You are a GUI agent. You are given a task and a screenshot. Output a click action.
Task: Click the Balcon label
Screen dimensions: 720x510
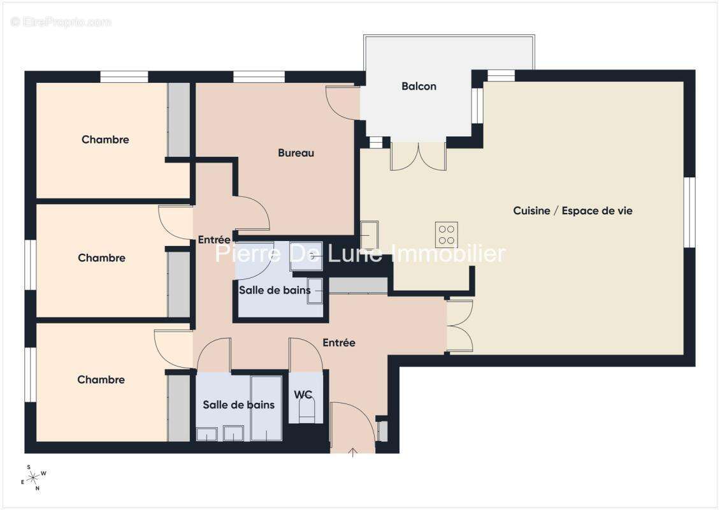point(419,86)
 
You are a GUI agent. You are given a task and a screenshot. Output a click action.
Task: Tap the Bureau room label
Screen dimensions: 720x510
point(296,153)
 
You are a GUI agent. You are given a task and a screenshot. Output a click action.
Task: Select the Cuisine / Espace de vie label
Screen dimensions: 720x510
point(573,211)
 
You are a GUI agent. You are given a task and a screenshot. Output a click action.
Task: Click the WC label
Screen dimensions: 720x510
point(303,395)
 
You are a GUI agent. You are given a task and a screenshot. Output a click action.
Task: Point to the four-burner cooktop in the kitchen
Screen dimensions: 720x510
point(446,235)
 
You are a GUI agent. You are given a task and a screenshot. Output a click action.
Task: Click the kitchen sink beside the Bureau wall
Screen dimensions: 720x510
point(369,235)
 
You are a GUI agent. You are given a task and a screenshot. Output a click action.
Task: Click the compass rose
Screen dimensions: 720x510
point(34,478)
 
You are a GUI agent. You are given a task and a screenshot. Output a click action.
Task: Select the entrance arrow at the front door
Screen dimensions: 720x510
point(352,453)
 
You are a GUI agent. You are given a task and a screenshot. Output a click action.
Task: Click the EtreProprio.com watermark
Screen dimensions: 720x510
point(61,22)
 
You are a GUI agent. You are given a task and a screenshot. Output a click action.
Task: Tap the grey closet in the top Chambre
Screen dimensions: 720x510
point(178,120)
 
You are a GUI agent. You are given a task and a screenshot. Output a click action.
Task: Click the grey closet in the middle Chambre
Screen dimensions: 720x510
point(178,284)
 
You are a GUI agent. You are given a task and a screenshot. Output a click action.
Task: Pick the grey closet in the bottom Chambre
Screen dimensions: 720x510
point(178,408)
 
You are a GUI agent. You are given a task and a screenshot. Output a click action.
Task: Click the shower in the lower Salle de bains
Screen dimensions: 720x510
point(266,409)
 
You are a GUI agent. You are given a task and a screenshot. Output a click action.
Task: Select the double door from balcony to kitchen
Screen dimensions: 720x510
point(418,156)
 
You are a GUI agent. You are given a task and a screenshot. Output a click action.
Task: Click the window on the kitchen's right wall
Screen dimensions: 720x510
point(689,212)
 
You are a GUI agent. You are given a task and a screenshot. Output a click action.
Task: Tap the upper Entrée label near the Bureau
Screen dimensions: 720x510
point(214,240)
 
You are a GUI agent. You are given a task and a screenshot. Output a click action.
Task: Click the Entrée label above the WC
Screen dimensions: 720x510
point(339,343)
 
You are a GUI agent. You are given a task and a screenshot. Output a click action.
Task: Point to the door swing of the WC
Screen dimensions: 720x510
point(306,354)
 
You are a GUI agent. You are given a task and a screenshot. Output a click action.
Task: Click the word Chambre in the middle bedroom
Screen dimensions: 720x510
point(101,258)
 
